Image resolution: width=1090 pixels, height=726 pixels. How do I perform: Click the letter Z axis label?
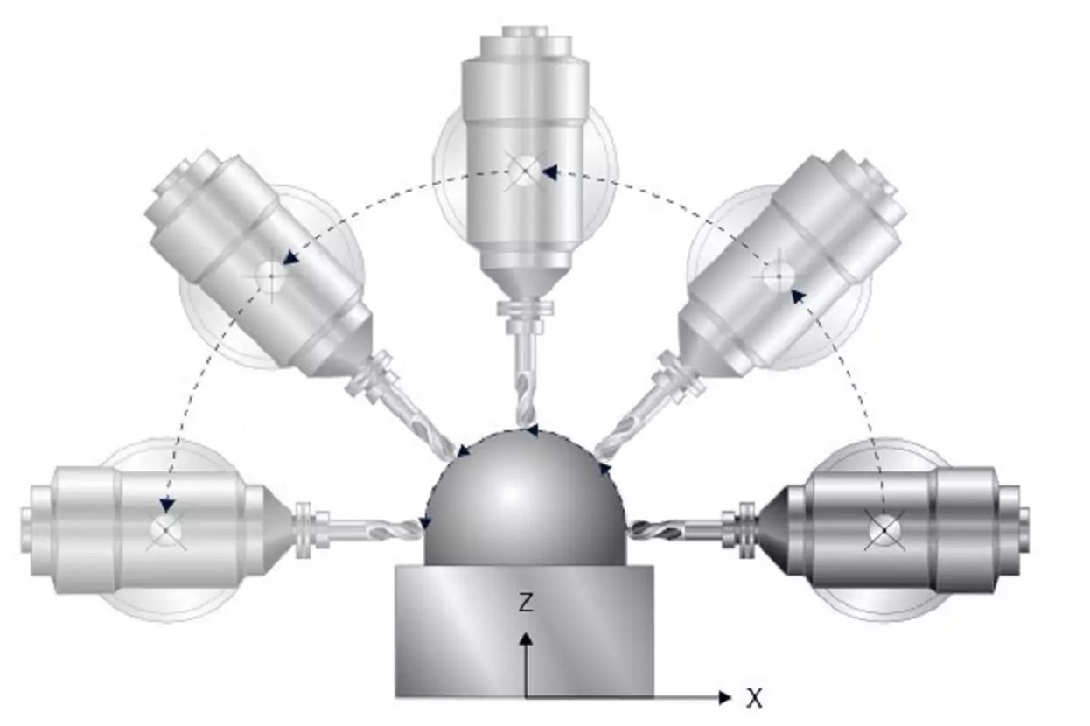tap(525, 603)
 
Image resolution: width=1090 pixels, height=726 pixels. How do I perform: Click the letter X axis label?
tap(754, 698)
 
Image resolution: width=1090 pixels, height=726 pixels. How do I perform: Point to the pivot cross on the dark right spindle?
tap(884, 529)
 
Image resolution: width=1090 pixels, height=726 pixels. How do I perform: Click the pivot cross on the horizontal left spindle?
tap(164, 529)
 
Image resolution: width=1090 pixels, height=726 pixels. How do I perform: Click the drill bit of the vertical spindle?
tap(525, 385)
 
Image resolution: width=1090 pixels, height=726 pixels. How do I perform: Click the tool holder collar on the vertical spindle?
tap(525, 309)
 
